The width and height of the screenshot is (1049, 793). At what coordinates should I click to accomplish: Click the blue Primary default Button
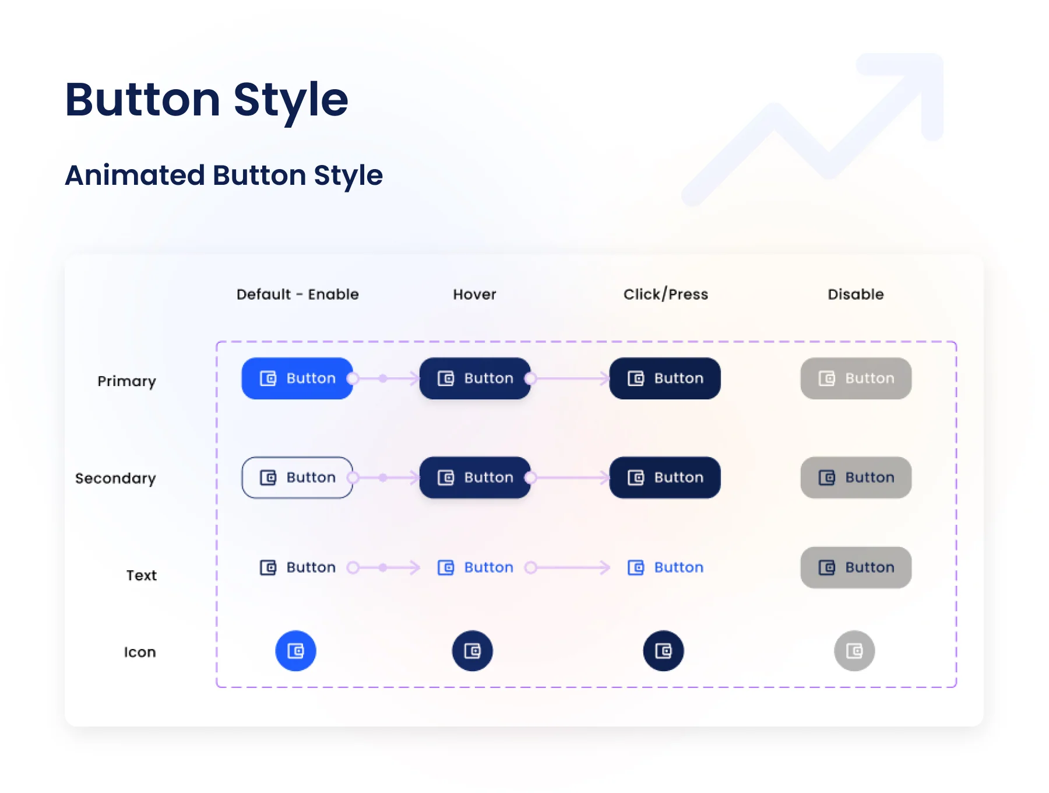point(297,378)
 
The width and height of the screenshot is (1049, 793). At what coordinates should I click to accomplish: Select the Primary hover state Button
point(475,378)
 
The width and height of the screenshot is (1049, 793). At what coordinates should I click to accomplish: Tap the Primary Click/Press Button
point(665,378)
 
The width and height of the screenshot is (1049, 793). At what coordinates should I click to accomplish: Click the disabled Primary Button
point(856,378)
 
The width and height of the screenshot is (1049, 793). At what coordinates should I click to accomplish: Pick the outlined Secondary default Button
point(297,478)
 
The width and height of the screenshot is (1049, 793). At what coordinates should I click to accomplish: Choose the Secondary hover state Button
point(475,478)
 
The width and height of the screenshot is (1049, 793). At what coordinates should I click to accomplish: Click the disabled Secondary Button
point(856,478)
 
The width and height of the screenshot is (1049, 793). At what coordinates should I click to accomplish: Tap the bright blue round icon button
point(296,651)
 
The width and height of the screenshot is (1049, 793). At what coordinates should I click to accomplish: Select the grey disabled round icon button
point(854,651)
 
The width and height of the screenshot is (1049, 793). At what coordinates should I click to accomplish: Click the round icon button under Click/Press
point(664,651)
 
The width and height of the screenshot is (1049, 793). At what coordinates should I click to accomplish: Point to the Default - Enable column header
point(298,294)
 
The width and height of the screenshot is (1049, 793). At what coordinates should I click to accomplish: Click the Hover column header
point(475,294)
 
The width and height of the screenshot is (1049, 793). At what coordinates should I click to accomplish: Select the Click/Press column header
point(666,294)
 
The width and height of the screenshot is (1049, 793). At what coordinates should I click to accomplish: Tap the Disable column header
point(856,294)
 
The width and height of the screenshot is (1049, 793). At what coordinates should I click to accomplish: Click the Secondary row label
point(115,479)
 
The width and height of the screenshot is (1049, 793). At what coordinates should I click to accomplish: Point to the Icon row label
point(140,652)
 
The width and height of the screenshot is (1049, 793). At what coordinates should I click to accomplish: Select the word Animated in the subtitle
point(135,175)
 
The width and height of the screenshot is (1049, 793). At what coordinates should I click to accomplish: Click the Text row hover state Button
point(476,567)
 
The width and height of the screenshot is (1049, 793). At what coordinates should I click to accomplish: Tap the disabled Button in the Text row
point(856,567)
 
